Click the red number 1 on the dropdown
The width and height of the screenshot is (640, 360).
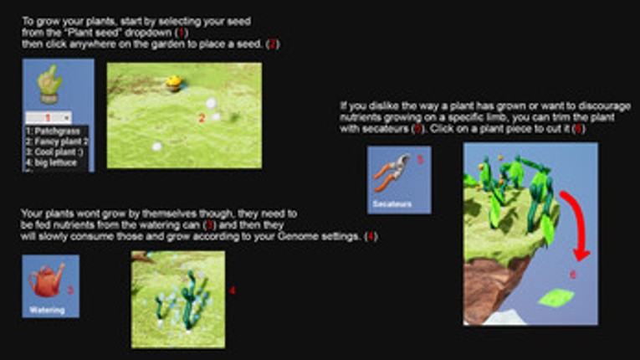(x=49, y=118)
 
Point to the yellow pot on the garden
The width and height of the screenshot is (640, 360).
(x=174, y=81)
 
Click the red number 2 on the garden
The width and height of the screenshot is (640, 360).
(x=201, y=119)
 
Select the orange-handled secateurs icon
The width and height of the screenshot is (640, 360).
(x=392, y=172)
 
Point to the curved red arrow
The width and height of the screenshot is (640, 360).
(x=576, y=222)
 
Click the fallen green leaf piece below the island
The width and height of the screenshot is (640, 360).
(x=556, y=296)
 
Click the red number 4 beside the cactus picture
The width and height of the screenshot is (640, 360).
(x=232, y=291)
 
